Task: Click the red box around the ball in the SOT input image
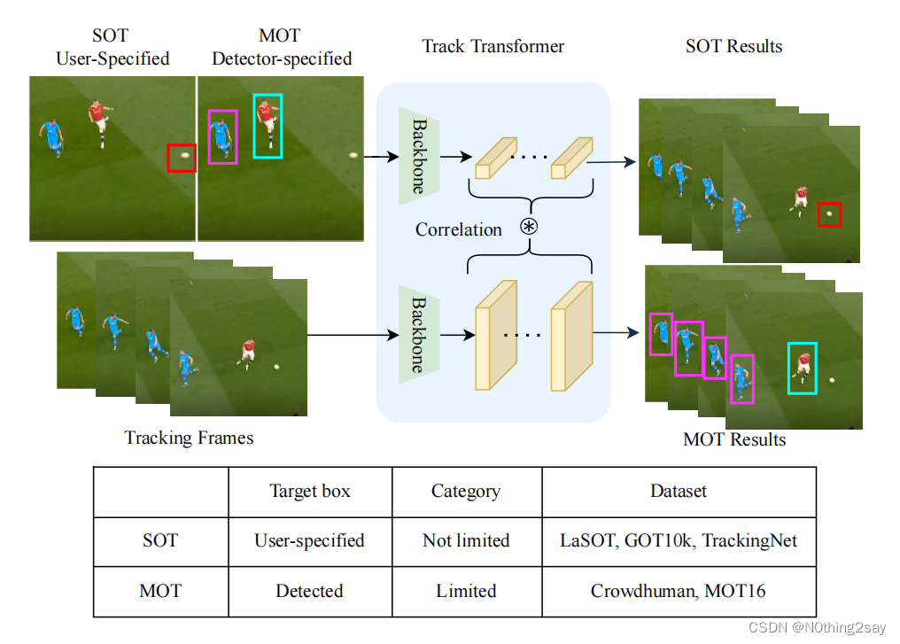[167, 158]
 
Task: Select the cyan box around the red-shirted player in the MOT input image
[254, 127]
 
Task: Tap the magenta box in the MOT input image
[208, 137]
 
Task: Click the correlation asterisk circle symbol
[529, 227]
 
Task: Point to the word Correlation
[459, 229]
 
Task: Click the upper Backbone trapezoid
[419, 156]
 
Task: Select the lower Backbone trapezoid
[419, 335]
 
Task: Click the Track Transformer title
[493, 46]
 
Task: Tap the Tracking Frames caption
[189, 438]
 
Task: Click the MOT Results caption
[734, 439]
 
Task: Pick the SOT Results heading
[733, 46]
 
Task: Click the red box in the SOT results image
[819, 214]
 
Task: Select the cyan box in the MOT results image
[788, 369]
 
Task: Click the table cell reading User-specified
[309, 540]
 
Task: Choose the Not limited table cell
[466, 540]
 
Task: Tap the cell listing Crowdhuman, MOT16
[679, 591]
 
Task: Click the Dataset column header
[679, 492]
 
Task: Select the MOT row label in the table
[160, 591]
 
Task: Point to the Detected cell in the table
[309, 591]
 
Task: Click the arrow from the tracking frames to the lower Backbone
[353, 335]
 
